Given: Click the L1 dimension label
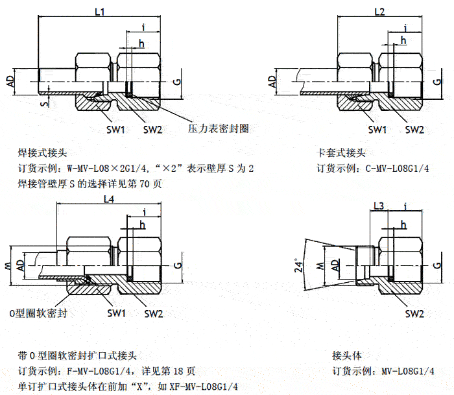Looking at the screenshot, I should point(100,11).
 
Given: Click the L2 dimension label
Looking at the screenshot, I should point(380,12).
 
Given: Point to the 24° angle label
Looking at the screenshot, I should point(299,267).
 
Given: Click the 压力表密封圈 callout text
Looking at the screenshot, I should point(219,128).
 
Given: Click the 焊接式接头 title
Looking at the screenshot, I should point(43,154).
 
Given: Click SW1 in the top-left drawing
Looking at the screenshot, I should point(115,129).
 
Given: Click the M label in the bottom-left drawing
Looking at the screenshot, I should point(7,266).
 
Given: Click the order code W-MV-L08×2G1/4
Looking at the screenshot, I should point(101,169).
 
